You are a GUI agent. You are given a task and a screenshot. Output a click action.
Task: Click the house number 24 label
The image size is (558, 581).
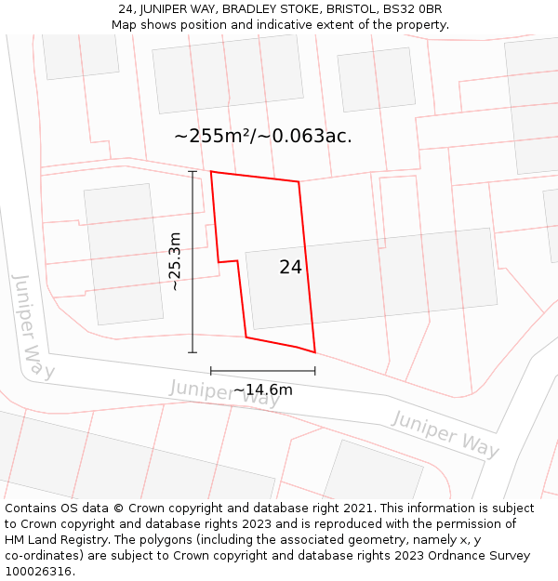tap(290, 267)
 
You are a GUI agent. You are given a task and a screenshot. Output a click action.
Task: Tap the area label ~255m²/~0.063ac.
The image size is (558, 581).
tap(263, 136)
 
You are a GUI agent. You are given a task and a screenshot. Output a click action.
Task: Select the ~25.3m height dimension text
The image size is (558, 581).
tap(175, 262)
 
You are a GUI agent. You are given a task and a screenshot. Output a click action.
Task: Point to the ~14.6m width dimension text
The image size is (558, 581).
tap(262, 390)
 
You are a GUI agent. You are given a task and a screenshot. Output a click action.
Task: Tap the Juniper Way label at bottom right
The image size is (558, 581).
tap(445, 434)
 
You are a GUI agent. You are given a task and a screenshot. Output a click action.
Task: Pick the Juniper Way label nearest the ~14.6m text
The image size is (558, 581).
tap(224, 392)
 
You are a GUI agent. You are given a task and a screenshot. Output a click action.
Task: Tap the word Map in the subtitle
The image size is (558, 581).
tap(125, 24)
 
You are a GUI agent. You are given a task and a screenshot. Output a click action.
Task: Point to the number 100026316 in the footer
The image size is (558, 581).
tap(38, 572)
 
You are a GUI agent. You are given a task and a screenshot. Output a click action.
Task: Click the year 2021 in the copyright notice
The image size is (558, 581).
tap(357, 508)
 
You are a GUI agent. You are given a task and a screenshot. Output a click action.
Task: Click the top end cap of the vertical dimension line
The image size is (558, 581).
tap(193, 172)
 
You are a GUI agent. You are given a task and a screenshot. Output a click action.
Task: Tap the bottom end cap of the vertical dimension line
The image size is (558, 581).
tap(193, 352)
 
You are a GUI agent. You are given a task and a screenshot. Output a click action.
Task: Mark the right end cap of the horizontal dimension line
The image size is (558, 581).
tap(314, 371)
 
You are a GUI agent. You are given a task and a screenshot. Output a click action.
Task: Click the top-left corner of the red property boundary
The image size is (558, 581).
tap(211, 172)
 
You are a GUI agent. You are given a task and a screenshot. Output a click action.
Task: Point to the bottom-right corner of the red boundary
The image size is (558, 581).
tap(314, 352)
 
